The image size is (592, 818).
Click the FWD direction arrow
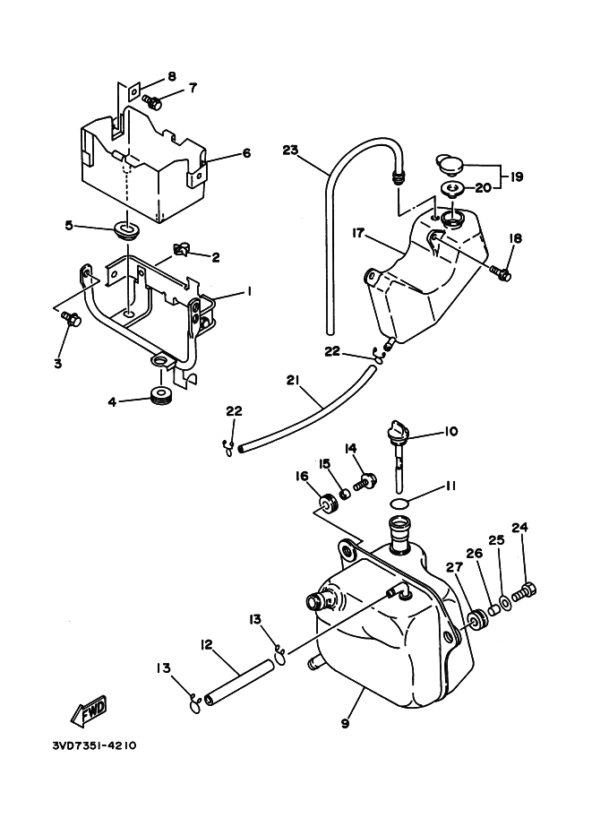click(90, 710)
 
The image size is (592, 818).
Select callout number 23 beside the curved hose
click(290, 151)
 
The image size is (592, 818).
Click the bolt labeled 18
click(502, 273)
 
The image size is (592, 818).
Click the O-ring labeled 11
click(399, 504)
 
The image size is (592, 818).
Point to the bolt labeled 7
click(151, 102)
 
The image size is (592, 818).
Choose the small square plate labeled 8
click(134, 93)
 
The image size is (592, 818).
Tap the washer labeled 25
click(506, 603)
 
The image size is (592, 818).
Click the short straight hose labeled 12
click(239, 684)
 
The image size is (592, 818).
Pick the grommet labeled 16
click(328, 505)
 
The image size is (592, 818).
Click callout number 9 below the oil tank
click(345, 724)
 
